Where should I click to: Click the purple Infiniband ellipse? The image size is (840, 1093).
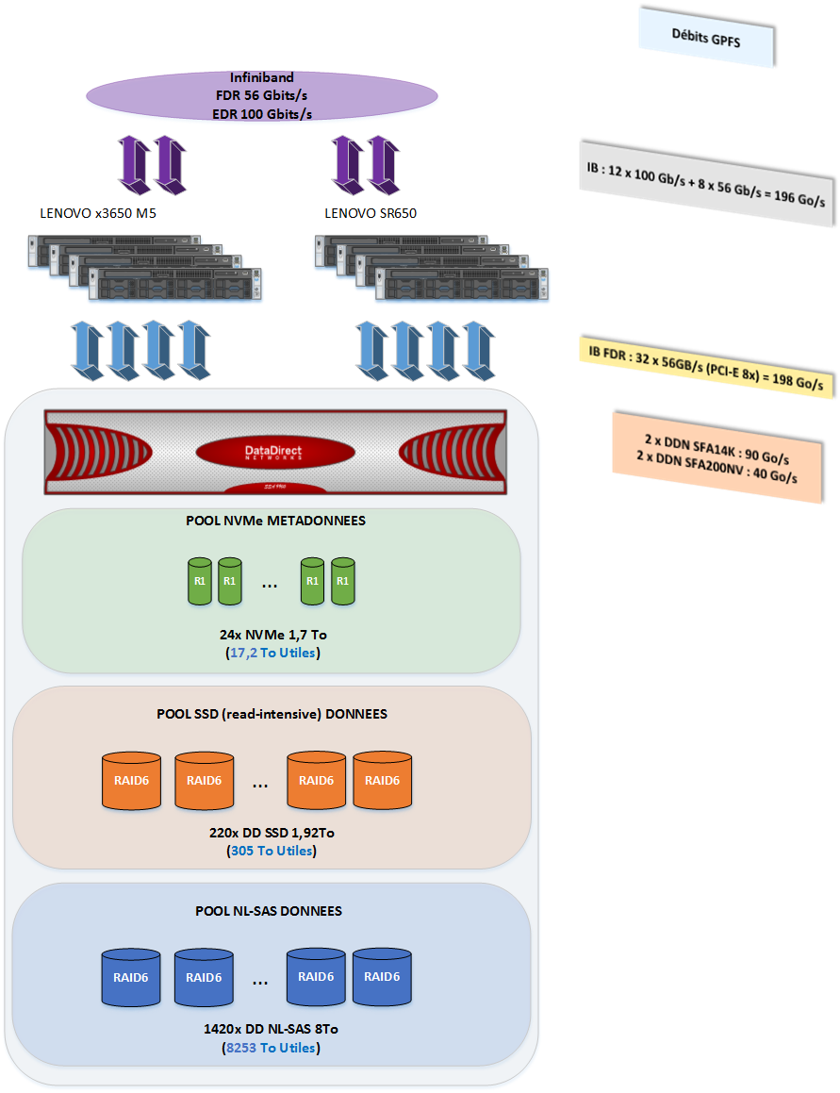[x=262, y=95]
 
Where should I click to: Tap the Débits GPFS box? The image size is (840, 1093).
[x=706, y=39]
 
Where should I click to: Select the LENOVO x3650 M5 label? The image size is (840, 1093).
[x=98, y=214]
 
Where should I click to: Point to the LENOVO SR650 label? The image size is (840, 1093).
[x=371, y=214]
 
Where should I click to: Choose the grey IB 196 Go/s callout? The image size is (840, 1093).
[x=707, y=185]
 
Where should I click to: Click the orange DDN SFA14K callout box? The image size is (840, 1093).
[x=716, y=457]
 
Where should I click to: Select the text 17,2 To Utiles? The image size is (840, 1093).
[x=273, y=653]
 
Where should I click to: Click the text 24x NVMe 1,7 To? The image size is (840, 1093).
[x=272, y=635]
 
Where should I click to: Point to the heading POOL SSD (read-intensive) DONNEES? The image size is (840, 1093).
[x=272, y=714]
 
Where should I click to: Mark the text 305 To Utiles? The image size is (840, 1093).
[x=272, y=851]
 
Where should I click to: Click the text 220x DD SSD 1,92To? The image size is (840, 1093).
[x=272, y=833]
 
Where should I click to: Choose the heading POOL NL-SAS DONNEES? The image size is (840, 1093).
[x=269, y=911]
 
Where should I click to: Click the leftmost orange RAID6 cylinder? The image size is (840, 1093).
[x=130, y=780]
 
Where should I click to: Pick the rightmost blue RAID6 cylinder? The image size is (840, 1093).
[x=382, y=977]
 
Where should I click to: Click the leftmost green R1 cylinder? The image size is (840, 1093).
[x=200, y=581]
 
